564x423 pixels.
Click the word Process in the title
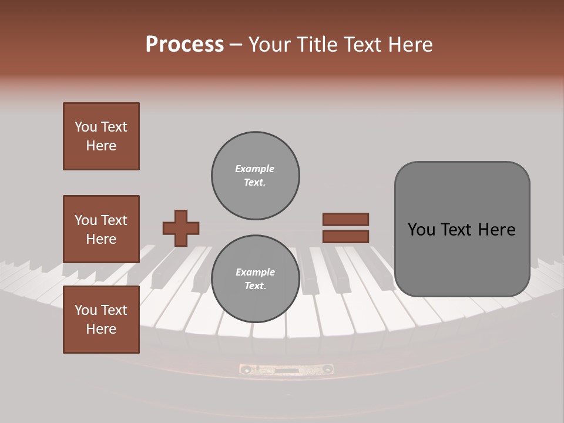click(184, 45)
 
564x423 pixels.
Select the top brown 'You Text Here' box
click(101, 136)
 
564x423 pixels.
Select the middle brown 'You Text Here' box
click(101, 229)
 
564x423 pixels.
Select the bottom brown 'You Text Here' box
click(101, 320)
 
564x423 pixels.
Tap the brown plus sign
click(180, 228)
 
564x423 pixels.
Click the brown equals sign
click(345, 228)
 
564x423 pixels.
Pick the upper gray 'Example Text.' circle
click(256, 176)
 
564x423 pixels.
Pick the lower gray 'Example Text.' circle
click(256, 279)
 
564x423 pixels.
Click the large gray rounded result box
click(462, 229)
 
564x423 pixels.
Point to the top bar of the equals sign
click(345, 219)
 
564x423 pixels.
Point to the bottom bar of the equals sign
click(345, 237)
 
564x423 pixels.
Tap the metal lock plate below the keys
click(286, 370)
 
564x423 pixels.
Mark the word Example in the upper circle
click(255, 169)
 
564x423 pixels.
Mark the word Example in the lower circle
click(255, 272)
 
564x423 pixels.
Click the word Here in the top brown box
click(101, 146)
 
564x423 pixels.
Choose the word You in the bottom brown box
click(86, 310)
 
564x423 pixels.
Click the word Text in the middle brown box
click(114, 220)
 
